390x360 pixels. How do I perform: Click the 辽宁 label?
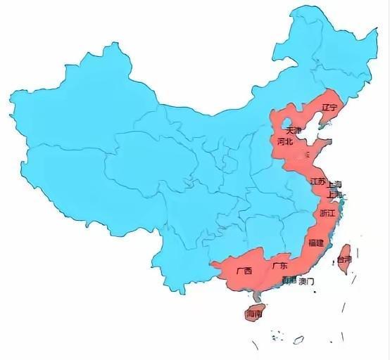click(329, 108)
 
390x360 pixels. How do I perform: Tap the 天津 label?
click(294, 131)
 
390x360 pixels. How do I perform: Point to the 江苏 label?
click(317, 181)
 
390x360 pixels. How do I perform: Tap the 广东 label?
click(279, 266)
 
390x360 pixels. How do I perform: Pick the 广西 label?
click(244, 270)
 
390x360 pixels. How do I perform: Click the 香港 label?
click(289, 280)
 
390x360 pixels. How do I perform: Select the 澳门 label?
click(306, 281)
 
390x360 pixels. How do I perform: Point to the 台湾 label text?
click(344, 259)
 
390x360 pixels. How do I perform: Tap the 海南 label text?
click(254, 315)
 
